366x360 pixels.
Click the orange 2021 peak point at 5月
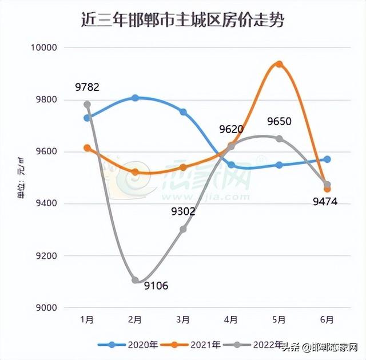click(x=279, y=64)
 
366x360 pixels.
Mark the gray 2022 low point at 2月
click(x=135, y=280)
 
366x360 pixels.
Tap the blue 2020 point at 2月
click(x=135, y=98)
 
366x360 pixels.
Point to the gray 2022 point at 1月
click(x=87, y=105)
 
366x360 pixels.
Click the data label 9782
click(x=87, y=87)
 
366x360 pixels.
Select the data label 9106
click(x=156, y=286)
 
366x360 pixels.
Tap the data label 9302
click(x=183, y=212)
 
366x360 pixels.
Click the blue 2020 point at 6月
click(x=327, y=159)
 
